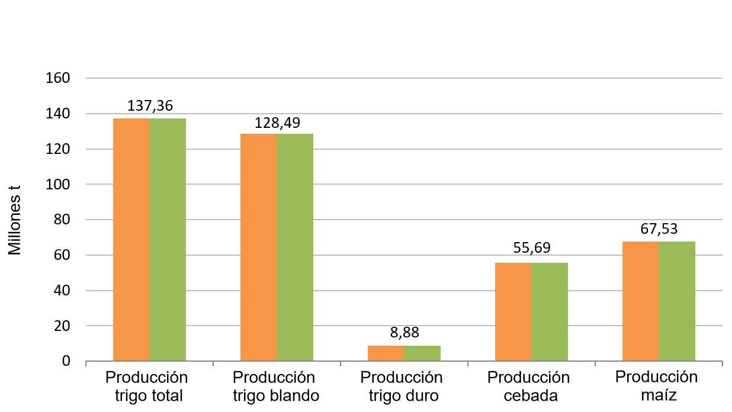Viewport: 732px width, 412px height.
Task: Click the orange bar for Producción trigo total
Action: pyautogui.click(x=131, y=240)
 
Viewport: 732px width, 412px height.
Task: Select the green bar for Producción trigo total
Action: pyautogui.click(x=168, y=240)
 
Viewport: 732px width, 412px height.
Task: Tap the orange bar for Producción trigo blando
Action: pyautogui.click(x=258, y=247)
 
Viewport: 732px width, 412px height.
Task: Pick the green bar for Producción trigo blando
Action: pyautogui.click(x=295, y=247)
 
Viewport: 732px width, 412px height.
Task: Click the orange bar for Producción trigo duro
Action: pyautogui.click(x=386, y=353)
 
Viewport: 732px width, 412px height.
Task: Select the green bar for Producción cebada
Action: pyautogui.click(x=550, y=312)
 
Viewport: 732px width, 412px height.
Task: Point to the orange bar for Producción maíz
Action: pyautogui.click(x=640, y=301)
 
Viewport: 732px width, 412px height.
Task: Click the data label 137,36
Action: pyautogui.click(x=150, y=107)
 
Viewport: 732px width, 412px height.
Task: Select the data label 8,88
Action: pyautogui.click(x=404, y=333)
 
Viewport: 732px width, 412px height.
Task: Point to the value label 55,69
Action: pyautogui.click(x=532, y=249)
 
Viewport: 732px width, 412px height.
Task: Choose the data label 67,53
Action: pyautogui.click(x=659, y=228)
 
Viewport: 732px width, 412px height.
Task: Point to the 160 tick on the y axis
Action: pyautogui.click(x=59, y=78)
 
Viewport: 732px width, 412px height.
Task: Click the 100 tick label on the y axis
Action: pyautogui.click(x=59, y=185)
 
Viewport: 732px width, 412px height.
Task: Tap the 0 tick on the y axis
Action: pyautogui.click(x=66, y=361)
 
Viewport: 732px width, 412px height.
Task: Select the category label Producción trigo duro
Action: pyautogui.click(x=402, y=387)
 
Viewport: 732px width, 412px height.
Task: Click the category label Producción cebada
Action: pyautogui.click(x=529, y=387)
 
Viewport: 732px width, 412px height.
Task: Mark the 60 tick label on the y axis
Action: pyautogui.click(x=62, y=255)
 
